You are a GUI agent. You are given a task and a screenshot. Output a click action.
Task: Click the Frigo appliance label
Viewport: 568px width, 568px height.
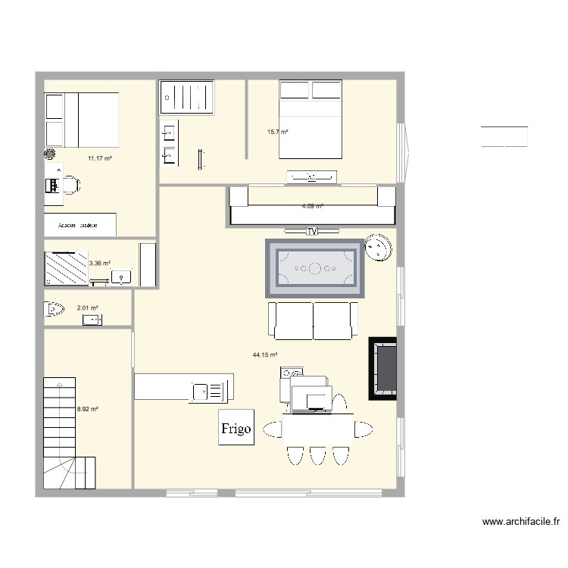(x=236, y=429)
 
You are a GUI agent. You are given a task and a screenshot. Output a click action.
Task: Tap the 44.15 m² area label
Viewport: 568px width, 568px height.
(x=265, y=354)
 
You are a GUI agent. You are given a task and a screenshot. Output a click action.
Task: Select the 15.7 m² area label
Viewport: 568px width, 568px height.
(x=277, y=132)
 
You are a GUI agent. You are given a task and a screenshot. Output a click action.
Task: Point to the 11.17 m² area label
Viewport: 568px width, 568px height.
(x=99, y=158)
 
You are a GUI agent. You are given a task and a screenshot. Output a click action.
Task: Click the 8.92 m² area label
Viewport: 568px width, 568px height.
(x=88, y=410)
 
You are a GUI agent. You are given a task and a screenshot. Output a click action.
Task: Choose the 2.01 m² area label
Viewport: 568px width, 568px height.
(x=88, y=308)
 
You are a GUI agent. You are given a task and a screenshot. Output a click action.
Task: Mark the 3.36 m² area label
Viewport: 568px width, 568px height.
(x=100, y=264)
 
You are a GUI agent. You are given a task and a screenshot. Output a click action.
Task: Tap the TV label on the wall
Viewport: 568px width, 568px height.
(x=311, y=232)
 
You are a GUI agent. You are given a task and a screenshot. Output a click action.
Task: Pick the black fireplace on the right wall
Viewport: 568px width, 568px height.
(x=383, y=368)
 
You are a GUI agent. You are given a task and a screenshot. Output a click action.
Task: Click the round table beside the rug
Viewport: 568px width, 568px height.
(x=377, y=248)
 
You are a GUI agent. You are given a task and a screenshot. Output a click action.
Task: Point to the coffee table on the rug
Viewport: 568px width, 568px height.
(x=314, y=269)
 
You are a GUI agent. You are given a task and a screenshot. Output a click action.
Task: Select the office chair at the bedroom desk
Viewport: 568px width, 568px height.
(x=70, y=184)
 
